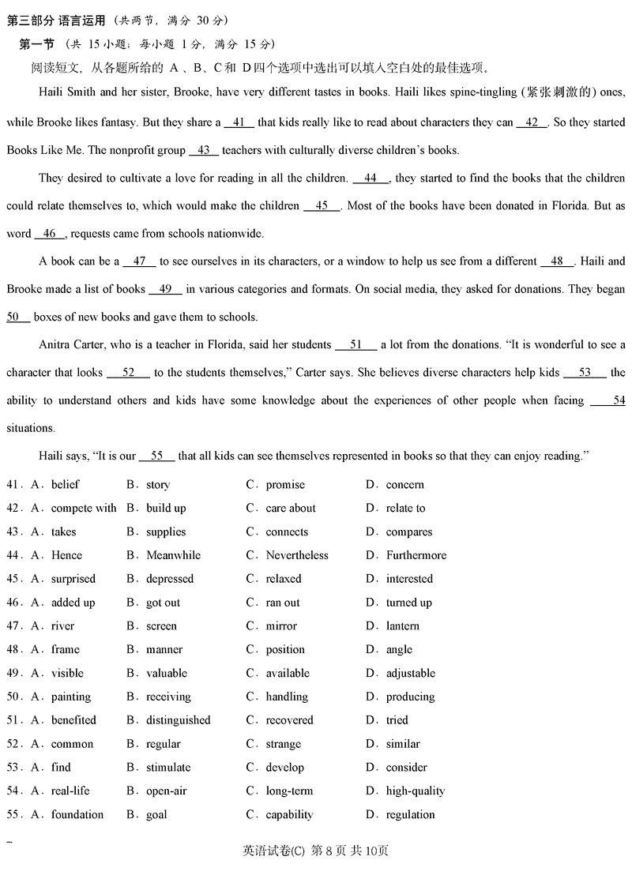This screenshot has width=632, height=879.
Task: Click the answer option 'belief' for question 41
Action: coord(65,484)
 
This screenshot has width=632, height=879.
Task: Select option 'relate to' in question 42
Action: coord(405,508)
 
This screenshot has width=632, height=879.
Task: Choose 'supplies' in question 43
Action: coord(166,532)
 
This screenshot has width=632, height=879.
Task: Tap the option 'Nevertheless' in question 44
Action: coord(297,555)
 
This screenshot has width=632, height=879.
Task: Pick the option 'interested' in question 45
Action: coord(409,579)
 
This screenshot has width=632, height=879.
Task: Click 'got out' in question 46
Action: coord(163,603)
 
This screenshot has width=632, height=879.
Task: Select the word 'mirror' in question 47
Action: coord(281,626)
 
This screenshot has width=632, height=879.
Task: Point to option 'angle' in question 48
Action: coord(399,650)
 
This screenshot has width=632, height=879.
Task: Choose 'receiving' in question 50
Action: coord(168,697)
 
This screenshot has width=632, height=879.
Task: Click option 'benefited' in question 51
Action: coord(73,720)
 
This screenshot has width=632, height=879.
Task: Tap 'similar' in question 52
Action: coord(403,744)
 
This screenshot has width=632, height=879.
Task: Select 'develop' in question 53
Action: coord(284,768)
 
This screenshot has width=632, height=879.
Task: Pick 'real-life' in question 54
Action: coord(70,791)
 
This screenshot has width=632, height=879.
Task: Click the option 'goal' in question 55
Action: coord(156,815)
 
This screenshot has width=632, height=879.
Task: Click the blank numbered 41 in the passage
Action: coord(239,122)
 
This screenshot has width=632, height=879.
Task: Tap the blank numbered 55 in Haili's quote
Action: coord(156,456)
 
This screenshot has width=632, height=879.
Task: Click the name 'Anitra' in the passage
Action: coord(55,344)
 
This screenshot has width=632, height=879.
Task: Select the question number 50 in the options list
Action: coord(13,697)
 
